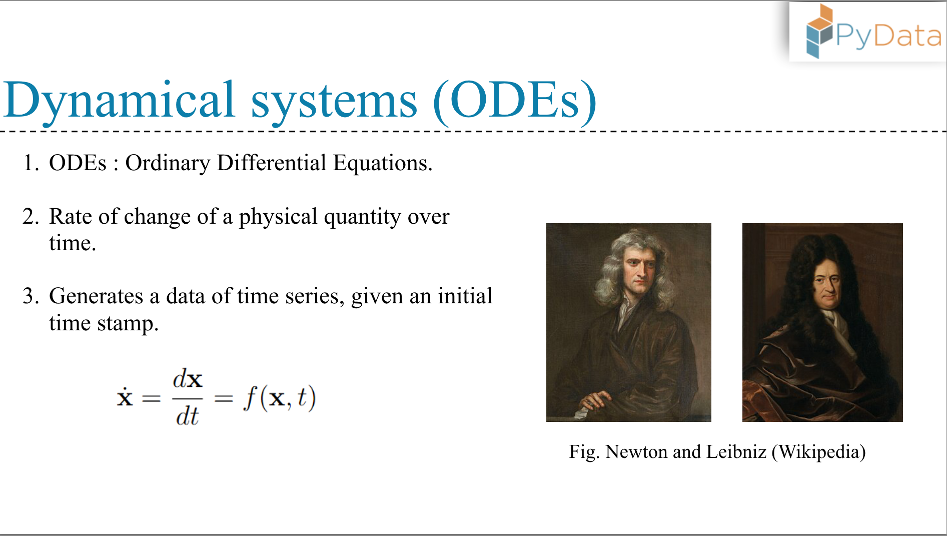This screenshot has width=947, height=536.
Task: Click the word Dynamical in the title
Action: (119, 100)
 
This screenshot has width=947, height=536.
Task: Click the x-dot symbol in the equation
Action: (125, 396)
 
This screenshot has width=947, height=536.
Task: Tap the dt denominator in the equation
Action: (187, 416)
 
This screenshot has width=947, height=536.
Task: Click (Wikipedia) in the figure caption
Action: (818, 452)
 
